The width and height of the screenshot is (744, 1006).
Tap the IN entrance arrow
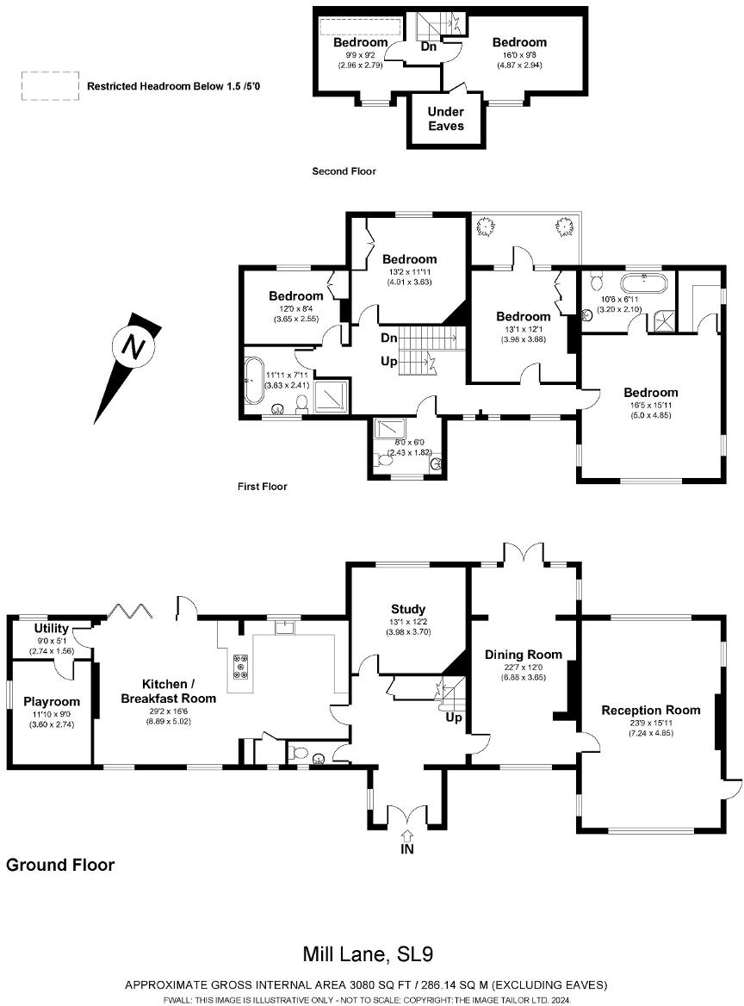coord(407,835)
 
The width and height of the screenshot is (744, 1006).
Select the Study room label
coord(407,609)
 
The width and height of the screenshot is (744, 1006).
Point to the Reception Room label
coord(650,710)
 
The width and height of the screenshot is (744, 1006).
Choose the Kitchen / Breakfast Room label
coord(169,692)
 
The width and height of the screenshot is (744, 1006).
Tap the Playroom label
coord(52,701)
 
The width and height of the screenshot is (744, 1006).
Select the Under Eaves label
coord(445,118)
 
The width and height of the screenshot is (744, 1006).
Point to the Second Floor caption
coord(344,171)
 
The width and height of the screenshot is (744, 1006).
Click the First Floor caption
coord(262,487)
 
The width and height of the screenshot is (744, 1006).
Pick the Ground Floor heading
coord(60,865)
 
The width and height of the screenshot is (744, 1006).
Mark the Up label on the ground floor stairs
coord(453,717)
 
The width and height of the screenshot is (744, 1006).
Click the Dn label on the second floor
coord(429,46)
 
